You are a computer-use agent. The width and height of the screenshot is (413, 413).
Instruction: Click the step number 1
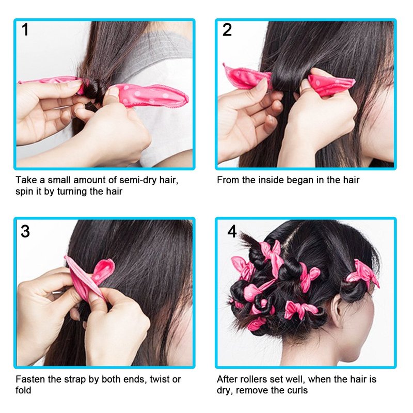(25, 29)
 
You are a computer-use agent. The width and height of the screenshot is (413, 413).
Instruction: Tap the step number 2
(227, 29)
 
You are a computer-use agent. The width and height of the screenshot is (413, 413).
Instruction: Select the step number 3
(25, 231)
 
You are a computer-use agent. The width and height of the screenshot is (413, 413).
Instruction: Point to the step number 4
(232, 231)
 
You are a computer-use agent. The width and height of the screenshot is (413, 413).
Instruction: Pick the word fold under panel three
(23, 390)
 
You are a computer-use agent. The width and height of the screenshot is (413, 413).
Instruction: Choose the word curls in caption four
(297, 390)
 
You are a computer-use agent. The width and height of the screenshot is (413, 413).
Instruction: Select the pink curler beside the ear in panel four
(363, 275)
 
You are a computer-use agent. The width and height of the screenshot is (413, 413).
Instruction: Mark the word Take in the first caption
(26, 180)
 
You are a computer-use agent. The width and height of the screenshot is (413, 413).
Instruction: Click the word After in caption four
(226, 379)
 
